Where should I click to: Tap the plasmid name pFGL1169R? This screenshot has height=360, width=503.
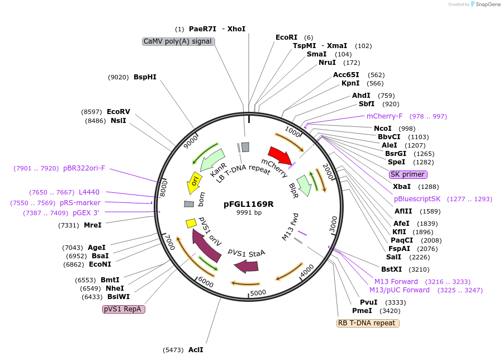(249, 204)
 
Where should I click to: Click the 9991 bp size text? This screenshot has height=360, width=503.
(249, 213)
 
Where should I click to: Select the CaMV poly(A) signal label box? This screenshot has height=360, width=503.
(178, 41)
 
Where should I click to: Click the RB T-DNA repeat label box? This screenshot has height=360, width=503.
(368, 323)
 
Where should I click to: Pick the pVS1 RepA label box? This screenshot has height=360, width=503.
(124, 309)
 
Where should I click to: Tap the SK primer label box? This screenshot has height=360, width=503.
(408, 174)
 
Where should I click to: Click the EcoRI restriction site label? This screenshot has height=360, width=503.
(287, 37)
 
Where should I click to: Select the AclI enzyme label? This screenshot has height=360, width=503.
(196, 350)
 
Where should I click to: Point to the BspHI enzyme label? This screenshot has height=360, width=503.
(145, 77)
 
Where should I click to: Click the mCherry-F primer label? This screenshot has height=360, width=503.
(385, 116)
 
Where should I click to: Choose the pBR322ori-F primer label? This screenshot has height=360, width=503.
(84, 168)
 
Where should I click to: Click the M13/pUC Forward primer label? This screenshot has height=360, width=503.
(399, 290)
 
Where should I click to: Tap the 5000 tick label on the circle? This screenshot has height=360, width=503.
(258, 293)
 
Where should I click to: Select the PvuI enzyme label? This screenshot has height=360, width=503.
(364, 302)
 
